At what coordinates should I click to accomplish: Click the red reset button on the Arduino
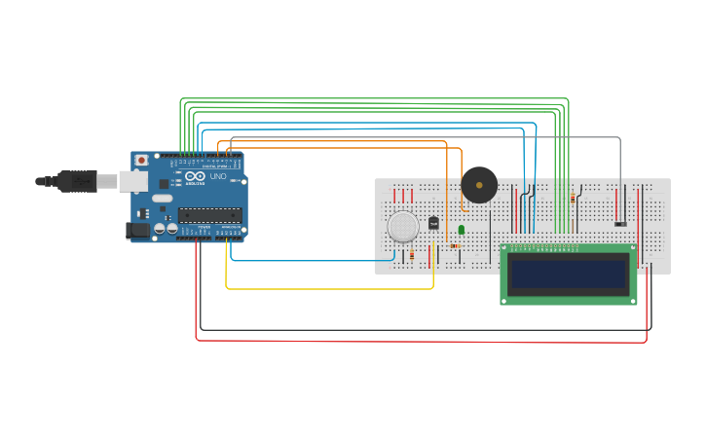pyautogui.click(x=141, y=160)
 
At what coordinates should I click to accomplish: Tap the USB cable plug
pyautogui.click(x=78, y=181)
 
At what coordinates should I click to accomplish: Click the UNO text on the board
pyautogui.click(x=218, y=177)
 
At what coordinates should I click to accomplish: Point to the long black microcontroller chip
pyautogui.click(x=209, y=215)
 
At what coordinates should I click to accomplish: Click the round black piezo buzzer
pyautogui.click(x=479, y=184)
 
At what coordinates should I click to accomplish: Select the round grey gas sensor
pyautogui.click(x=403, y=227)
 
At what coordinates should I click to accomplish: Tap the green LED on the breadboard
pyautogui.click(x=462, y=230)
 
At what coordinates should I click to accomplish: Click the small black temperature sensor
pyautogui.click(x=434, y=223)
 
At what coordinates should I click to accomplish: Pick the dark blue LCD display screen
pyautogui.click(x=569, y=275)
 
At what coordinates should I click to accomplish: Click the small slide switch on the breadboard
pyautogui.click(x=620, y=224)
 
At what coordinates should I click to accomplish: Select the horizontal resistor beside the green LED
pyautogui.click(x=455, y=245)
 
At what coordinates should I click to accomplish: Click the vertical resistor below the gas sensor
pyautogui.click(x=411, y=254)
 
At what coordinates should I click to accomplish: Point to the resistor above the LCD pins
pyautogui.click(x=572, y=198)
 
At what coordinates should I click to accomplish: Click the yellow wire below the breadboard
pyautogui.click(x=331, y=289)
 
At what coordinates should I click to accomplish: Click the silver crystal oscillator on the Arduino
pyautogui.click(x=162, y=199)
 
